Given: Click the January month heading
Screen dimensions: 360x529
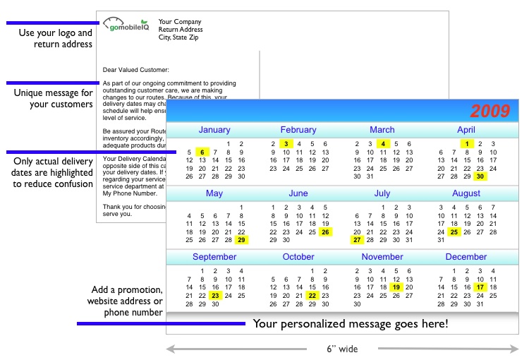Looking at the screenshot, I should pos(214,130).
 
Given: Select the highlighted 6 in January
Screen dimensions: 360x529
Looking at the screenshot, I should pos(202,152).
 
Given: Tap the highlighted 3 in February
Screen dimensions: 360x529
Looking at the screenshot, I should pos(286,143).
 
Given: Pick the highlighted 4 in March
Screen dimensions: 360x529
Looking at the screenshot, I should pos(382,143).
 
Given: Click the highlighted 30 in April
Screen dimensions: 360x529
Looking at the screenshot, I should pos(480,176).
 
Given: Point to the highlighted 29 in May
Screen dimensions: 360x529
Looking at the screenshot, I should pos(241,240).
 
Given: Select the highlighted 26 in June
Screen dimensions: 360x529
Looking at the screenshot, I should pos(325,232).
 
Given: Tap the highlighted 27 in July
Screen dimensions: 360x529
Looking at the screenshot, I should pos(357,240).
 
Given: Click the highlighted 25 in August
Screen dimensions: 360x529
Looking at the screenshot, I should pos(454,232).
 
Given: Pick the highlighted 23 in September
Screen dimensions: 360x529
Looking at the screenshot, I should pos(215,296).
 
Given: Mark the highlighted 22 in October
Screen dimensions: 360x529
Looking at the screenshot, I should pos(312,296).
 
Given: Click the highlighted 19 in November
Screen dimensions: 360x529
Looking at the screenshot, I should pos(396,287).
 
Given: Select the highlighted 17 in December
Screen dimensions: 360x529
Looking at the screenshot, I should pos(480,287).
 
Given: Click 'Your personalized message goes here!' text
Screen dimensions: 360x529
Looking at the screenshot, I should pos(351,324).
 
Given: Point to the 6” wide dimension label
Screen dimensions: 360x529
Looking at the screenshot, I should pos(342,349).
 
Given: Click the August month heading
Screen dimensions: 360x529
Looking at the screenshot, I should pos(466,193).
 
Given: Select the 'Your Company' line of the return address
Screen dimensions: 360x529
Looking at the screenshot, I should pos(180,22).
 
